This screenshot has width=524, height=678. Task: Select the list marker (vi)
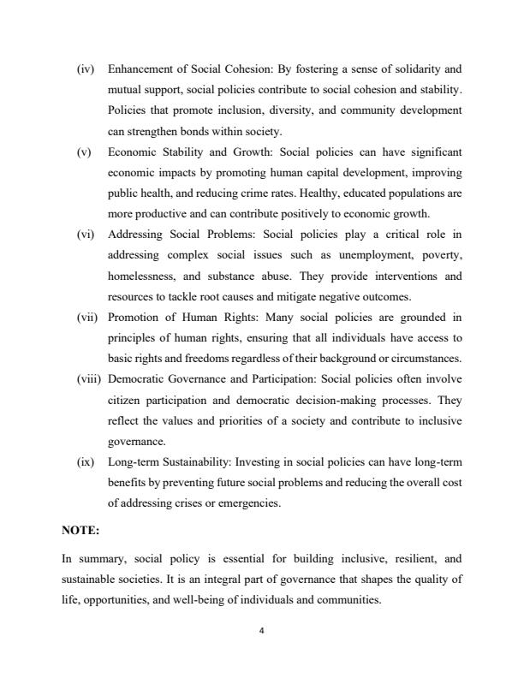[85, 234]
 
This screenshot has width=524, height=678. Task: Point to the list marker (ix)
[85, 463]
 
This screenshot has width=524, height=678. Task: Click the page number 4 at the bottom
[262, 632]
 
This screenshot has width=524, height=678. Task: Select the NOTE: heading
[81, 531]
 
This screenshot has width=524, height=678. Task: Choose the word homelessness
[143, 277]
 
